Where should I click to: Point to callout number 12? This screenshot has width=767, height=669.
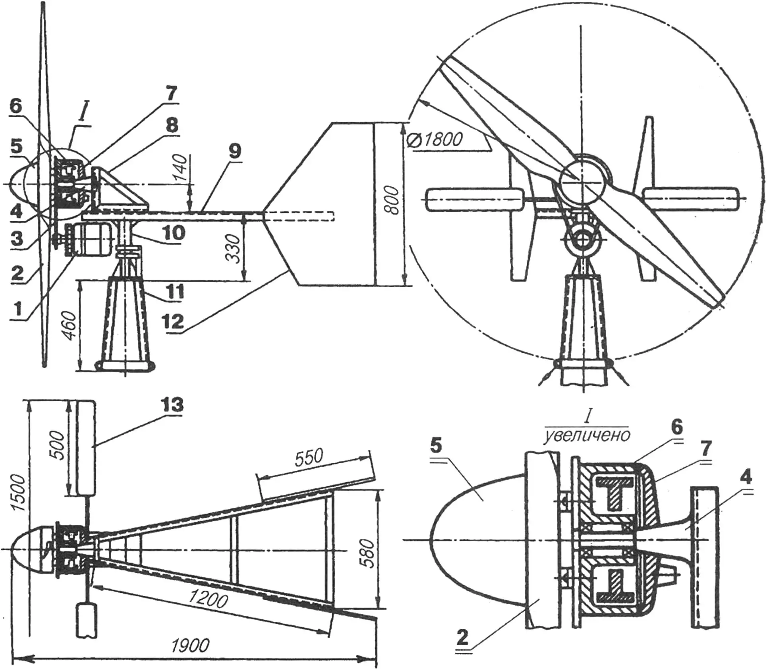[x=173, y=321]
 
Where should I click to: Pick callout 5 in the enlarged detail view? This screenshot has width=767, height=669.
[x=436, y=446]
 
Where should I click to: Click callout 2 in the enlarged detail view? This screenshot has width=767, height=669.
[x=462, y=638]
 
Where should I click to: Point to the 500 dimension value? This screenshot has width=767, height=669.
[x=59, y=445]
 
